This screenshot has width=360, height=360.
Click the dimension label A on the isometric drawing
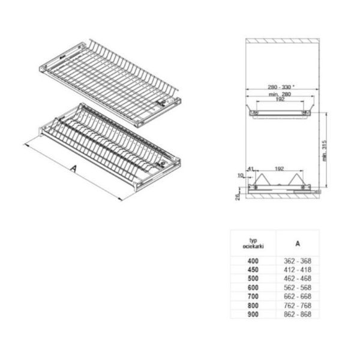click(x=73, y=169)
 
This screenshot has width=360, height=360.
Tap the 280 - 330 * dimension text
click(x=281, y=87)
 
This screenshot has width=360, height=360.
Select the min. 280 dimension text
click(x=280, y=94)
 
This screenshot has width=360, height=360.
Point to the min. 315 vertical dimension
click(x=324, y=151)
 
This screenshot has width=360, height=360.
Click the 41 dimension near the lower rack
click(x=250, y=169)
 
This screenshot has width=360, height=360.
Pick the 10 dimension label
click(x=240, y=175)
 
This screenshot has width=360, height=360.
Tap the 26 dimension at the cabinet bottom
click(x=238, y=197)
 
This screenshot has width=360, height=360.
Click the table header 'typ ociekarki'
click(x=253, y=244)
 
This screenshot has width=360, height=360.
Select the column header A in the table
click(x=298, y=244)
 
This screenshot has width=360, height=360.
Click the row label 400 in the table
click(x=253, y=261)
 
